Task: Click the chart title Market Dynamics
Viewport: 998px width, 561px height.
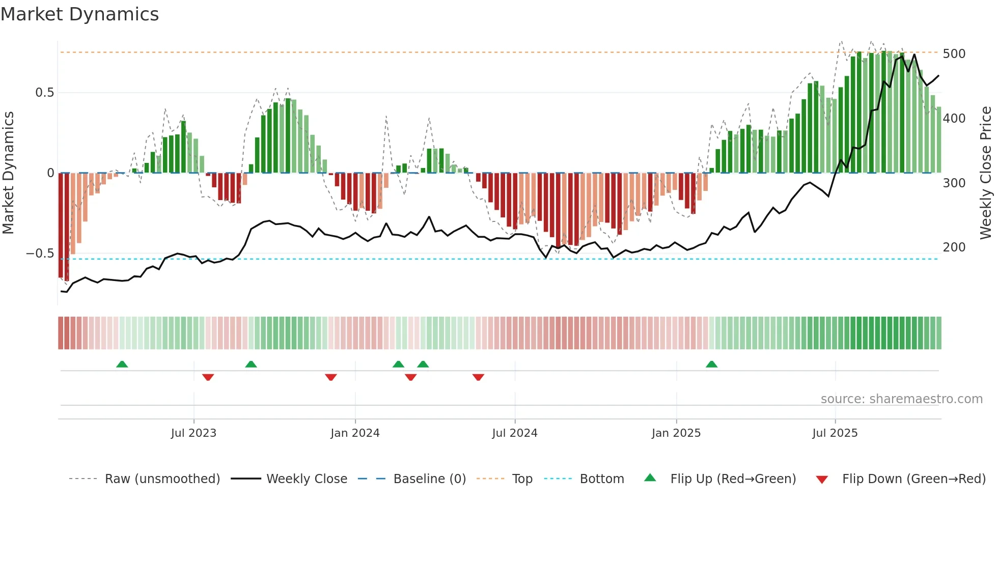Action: pyautogui.click(x=80, y=14)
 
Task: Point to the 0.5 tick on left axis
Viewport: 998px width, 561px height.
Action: pyautogui.click(x=44, y=93)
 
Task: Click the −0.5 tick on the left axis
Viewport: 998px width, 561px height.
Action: pyautogui.click(x=40, y=254)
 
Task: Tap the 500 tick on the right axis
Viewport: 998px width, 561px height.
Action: pyautogui.click(x=954, y=54)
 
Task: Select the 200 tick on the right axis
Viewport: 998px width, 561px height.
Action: pyautogui.click(x=954, y=247)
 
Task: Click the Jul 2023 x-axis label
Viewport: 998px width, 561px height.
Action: pyautogui.click(x=193, y=433)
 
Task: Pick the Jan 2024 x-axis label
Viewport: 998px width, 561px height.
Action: pyautogui.click(x=355, y=433)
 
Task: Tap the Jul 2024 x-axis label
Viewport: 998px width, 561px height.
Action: pyautogui.click(x=514, y=433)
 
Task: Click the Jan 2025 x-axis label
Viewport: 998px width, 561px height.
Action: pyautogui.click(x=676, y=433)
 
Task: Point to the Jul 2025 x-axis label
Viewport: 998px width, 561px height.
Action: pyautogui.click(x=835, y=433)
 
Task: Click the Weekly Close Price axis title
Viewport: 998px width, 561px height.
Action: pyautogui.click(x=986, y=173)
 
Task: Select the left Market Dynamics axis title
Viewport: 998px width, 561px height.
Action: pyautogui.click(x=8, y=173)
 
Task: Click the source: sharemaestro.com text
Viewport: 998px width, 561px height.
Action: pyautogui.click(x=901, y=399)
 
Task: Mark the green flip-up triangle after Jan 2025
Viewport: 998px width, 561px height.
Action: pyautogui.click(x=711, y=364)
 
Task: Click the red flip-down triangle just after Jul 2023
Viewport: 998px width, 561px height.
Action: pyautogui.click(x=208, y=377)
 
